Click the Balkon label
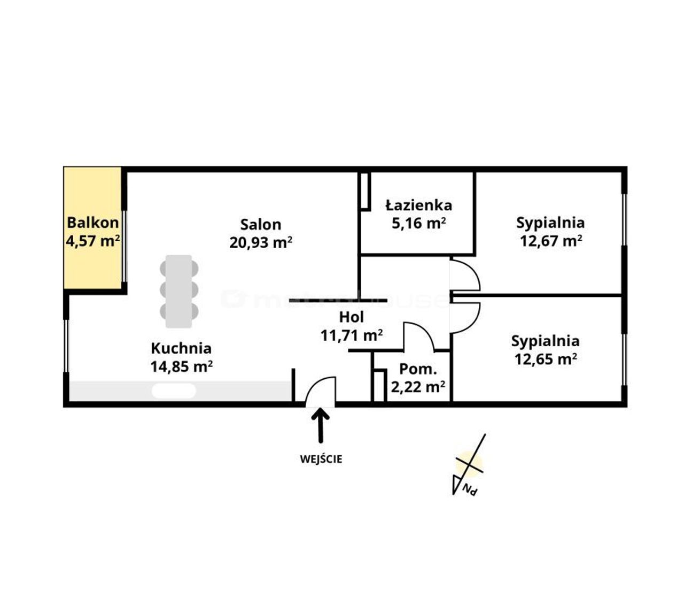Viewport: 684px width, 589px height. pos(92,223)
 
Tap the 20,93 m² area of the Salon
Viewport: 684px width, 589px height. pos(261,242)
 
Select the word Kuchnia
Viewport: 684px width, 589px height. pos(181,348)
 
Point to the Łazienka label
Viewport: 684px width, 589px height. pos(418,205)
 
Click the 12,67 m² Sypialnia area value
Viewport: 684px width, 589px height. pos(551,241)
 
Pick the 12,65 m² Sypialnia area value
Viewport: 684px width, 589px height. pos(546,359)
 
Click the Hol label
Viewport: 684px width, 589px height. pos(352,317)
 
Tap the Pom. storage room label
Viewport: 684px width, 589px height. pos(418,369)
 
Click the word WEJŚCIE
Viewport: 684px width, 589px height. pos(321,459)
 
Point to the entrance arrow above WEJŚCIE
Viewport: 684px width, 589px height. pos(320,425)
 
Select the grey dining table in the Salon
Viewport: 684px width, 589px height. pos(179,291)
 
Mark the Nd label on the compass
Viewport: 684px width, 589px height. pos(470,489)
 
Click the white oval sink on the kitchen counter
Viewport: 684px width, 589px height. pos(174,391)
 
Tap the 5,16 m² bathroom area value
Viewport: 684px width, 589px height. pos(418,223)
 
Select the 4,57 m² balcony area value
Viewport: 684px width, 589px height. pos(92,241)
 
